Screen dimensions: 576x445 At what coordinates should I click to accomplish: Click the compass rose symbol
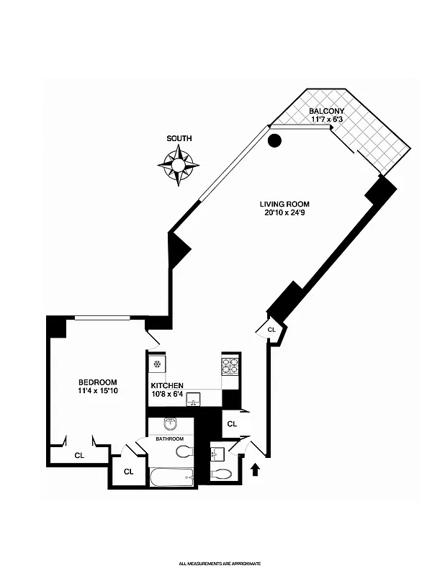coord(178,166)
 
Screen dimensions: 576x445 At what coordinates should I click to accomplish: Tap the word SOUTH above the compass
coord(179,138)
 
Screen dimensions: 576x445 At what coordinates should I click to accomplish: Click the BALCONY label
coord(327,111)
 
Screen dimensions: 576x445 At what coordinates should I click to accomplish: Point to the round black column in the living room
coord(274,141)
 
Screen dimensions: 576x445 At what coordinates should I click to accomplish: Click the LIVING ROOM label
coord(284,204)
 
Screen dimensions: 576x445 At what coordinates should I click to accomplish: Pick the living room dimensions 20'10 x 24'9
coord(284,213)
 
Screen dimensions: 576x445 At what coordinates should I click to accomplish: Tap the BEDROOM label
coord(97,382)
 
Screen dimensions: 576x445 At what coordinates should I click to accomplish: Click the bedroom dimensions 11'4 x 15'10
coord(97,392)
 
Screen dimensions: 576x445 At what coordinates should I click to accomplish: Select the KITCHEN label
coord(167,385)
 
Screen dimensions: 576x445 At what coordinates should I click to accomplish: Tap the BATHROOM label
coord(170,438)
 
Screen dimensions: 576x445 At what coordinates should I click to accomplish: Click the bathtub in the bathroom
coord(171,477)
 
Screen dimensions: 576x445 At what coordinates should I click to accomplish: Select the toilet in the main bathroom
coord(184,452)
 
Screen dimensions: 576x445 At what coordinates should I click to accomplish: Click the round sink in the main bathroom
coord(171,423)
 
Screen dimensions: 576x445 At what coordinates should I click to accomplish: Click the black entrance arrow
coord(254,469)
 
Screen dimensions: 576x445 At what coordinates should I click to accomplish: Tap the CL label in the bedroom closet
coord(79,455)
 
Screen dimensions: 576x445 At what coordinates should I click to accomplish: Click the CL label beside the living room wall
coord(271,330)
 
